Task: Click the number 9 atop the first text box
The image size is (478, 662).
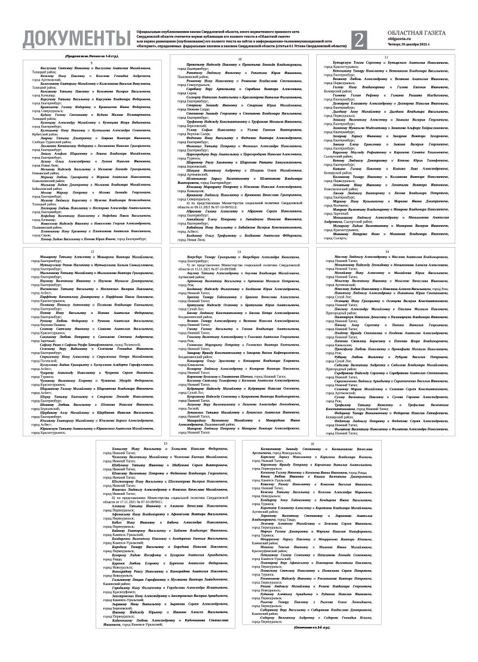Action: coord(91,63)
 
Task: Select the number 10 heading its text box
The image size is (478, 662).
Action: coord(240,60)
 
